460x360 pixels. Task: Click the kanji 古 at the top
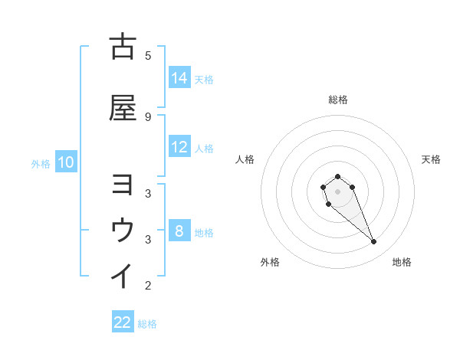pos(123,47)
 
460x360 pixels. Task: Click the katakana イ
pos(123,275)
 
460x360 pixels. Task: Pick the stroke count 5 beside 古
pos(148,55)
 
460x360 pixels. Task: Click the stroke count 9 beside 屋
pos(148,116)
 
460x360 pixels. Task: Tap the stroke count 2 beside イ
pos(148,286)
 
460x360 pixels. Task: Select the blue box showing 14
pos(179,77)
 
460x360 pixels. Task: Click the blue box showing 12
pos(179,147)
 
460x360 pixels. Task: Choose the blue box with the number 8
pos(179,231)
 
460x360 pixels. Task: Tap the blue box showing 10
pos(65,162)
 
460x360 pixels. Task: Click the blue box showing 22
pos(123,322)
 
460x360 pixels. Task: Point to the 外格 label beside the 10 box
pos(41,163)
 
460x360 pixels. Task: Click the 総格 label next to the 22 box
pos(147,324)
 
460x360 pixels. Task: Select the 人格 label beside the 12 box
pos(204,149)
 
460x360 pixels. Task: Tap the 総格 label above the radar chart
pos(337,100)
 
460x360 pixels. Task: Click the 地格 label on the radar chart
pos(402,262)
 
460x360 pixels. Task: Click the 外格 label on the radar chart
pos(270,262)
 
